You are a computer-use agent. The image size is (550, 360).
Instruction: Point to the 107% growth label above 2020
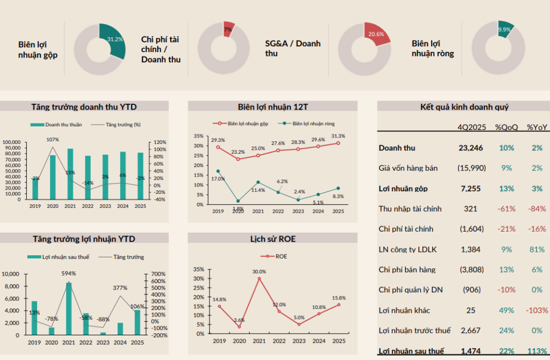pyautogui.click(x=53, y=140)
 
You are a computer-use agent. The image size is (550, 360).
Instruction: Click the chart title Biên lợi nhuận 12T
pyautogui.click(x=272, y=106)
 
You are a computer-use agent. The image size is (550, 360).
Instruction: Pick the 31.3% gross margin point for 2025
pyautogui.click(x=338, y=143)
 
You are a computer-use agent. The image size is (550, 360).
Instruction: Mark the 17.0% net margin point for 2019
pyautogui.click(x=218, y=171)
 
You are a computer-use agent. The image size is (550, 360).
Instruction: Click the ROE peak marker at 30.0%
pyautogui.click(x=259, y=278)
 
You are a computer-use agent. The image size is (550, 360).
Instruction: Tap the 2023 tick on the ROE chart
pyautogui.click(x=299, y=341)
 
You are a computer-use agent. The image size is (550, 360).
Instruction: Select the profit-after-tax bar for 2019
pyautogui.click(x=35, y=318)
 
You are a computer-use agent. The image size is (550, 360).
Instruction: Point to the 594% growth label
pyautogui.click(x=69, y=273)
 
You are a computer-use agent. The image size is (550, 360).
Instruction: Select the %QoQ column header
pyautogui.click(x=506, y=127)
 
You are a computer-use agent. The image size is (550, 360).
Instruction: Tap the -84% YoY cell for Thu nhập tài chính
pyautogui.click(x=537, y=208)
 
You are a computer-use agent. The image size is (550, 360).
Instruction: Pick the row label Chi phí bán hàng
pyautogui.click(x=407, y=270)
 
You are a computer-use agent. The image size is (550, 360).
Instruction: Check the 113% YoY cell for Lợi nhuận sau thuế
pyautogui.click(x=537, y=351)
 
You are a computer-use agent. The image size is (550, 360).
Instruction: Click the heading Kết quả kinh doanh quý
pyautogui.click(x=464, y=106)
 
